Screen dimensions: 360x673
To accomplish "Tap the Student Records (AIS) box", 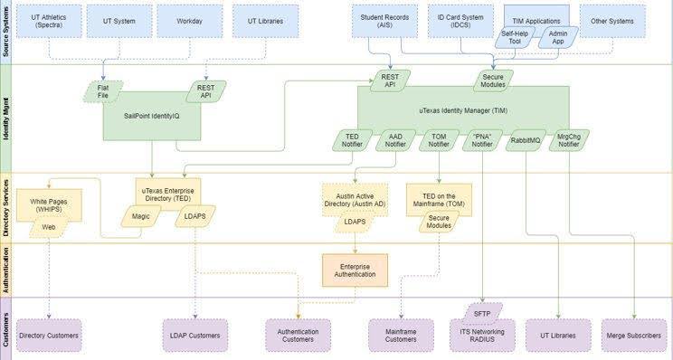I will pos(384,20).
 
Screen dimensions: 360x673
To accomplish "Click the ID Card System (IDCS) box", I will pos(460,20).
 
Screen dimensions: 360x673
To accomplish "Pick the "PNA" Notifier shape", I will pos(483,140).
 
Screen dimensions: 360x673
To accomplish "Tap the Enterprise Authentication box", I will pos(355,269).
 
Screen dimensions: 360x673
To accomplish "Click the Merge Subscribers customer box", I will pos(633,335).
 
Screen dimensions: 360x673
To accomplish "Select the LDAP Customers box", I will pos(196,335).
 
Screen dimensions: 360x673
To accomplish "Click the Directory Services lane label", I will pos(7,208).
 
